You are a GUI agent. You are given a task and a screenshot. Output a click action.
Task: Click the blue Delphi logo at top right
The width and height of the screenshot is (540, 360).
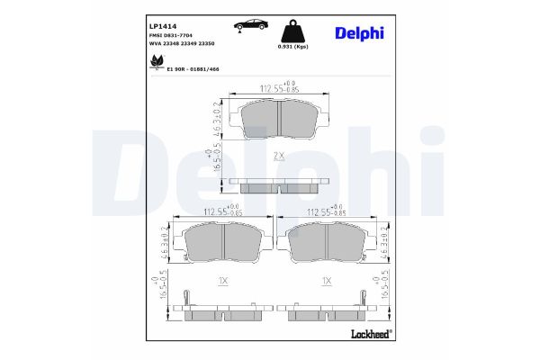click(x=359, y=31)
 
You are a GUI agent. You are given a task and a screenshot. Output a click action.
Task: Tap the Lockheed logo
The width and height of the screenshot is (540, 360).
click(x=370, y=334)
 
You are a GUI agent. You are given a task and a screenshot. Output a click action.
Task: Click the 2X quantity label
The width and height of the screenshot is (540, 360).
click(x=279, y=156)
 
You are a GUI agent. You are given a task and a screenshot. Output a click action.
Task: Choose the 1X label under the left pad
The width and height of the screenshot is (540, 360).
click(x=223, y=281)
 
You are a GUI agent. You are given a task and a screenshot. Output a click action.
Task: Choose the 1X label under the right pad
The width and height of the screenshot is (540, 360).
click(x=326, y=281)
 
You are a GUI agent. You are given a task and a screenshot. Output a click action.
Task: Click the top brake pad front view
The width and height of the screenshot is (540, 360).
click(x=279, y=119)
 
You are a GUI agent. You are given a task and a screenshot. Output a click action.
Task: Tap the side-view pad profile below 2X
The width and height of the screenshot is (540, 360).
click(x=279, y=185)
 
